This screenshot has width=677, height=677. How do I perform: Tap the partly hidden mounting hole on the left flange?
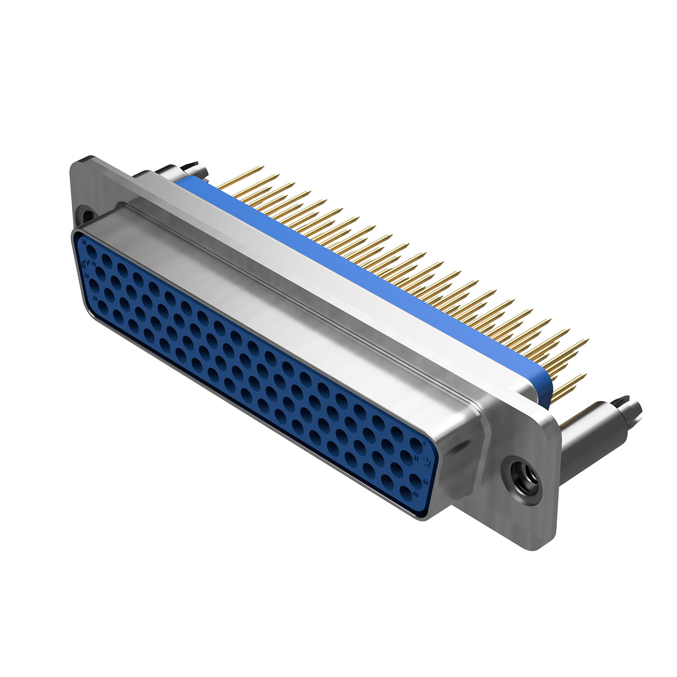pos(87,215)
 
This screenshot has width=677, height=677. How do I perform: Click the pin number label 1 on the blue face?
pos(424,444)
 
